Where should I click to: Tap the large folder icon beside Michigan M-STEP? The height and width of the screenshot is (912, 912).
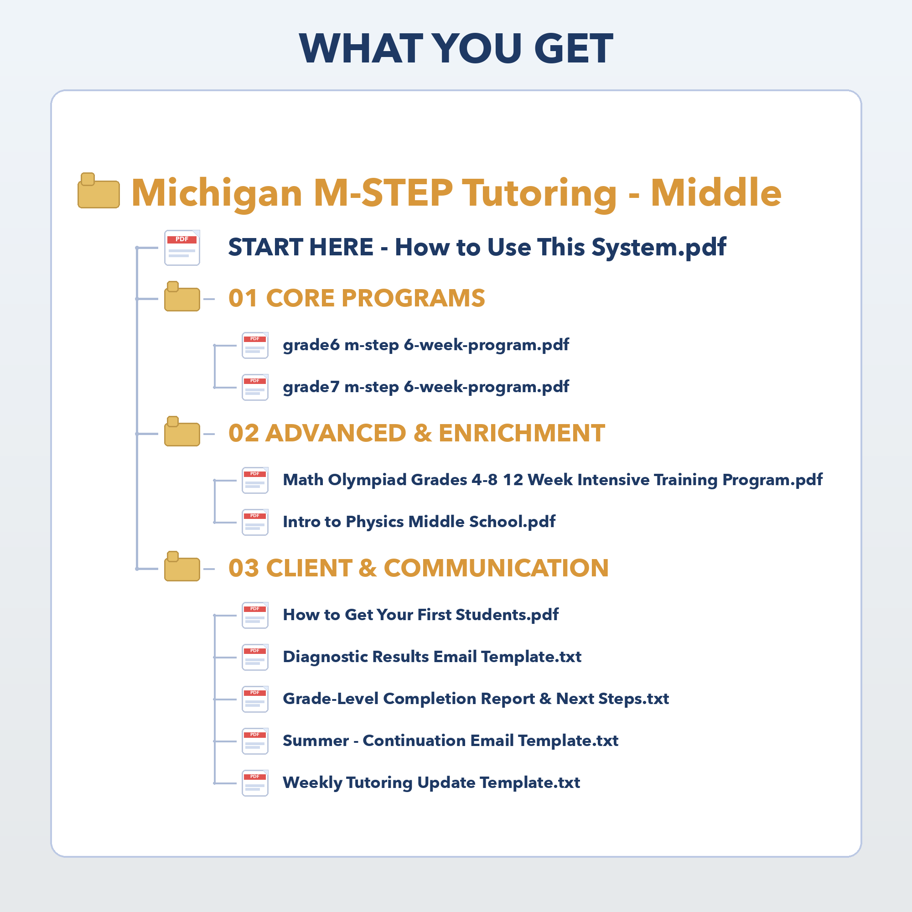(x=98, y=191)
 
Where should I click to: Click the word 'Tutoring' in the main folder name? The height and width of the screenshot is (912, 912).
(x=539, y=193)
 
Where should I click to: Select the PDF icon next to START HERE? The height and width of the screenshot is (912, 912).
(x=182, y=248)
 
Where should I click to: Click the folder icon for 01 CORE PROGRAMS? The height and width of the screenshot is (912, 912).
(x=182, y=296)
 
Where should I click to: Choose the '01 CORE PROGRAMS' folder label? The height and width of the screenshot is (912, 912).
(x=357, y=298)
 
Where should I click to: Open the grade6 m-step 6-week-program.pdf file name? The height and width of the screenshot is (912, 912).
(x=426, y=345)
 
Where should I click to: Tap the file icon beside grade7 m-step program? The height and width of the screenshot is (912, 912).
(x=255, y=388)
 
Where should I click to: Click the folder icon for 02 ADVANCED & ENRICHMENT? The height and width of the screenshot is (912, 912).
(x=182, y=431)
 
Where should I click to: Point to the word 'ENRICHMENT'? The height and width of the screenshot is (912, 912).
(x=522, y=433)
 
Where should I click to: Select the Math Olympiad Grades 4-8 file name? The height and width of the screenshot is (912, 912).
(x=552, y=480)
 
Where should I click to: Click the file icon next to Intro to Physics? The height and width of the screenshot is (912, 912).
(x=255, y=523)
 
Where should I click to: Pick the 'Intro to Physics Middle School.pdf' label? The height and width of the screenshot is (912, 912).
(x=419, y=522)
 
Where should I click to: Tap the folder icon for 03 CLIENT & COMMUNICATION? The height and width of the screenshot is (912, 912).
(x=182, y=566)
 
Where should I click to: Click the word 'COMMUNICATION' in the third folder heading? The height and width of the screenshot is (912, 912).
(x=496, y=568)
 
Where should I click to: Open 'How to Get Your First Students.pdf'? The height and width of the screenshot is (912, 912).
(x=420, y=615)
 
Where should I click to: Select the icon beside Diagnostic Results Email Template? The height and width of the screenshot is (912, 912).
(x=255, y=658)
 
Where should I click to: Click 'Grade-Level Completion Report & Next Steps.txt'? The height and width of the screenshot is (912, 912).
(x=476, y=699)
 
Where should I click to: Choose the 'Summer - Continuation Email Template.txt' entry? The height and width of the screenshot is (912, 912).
(x=451, y=741)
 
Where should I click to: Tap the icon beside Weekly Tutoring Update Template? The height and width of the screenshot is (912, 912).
(x=255, y=783)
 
